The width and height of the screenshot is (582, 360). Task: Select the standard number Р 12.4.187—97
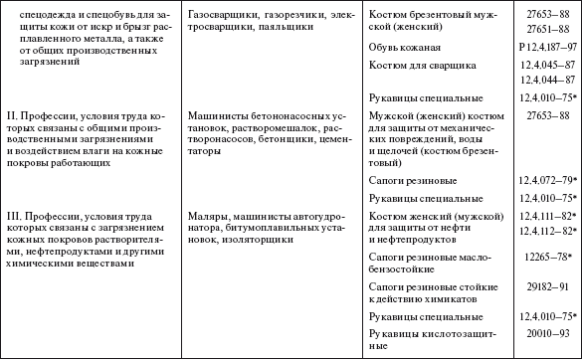tap(539, 48)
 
